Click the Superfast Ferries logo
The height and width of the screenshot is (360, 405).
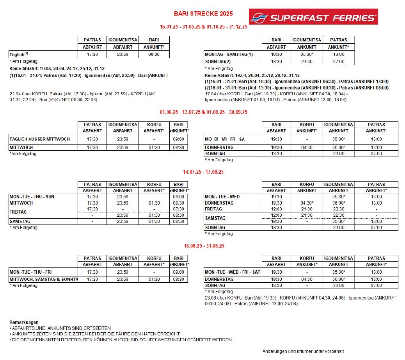click(x=313, y=17)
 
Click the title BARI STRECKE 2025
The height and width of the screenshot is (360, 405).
click(x=203, y=14)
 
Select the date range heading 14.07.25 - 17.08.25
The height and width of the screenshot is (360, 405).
click(x=203, y=172)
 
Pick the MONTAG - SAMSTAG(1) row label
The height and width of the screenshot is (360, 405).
click(x=229, y=54)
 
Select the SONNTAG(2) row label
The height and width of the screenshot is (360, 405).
click(x=218, y=62)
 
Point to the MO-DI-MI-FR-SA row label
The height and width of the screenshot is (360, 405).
click(x=225, y=139)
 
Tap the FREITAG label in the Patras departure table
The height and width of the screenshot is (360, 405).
click(x=18, y=212)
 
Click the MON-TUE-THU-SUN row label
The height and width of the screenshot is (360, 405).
click(x=32, y=197)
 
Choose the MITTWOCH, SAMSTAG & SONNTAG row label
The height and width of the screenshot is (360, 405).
click(x=43, y=279)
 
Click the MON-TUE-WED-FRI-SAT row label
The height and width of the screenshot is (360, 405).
click(x=233, y=272)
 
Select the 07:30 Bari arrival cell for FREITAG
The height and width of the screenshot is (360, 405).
click(x=178, y=209)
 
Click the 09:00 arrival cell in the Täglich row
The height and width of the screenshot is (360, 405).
click(x=154, y=54)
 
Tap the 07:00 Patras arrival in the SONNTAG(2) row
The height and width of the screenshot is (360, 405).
click(x=339, y=62)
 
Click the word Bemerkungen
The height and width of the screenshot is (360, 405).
click(x=24, y=322)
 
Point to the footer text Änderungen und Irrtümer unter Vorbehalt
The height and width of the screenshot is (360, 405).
click(x=303, y=351)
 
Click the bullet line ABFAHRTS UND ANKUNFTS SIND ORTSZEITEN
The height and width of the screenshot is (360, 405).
click(x=61, y=328)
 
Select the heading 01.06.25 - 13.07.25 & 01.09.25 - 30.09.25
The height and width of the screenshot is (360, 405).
click(x=203, y=112)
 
